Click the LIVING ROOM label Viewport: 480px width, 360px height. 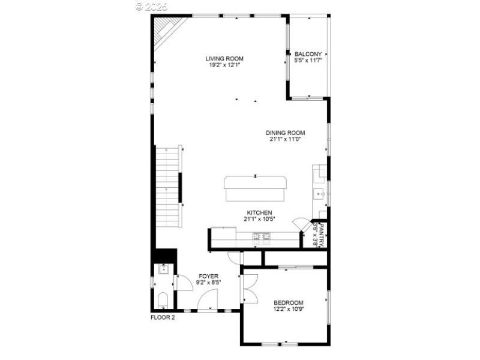click(224, 59)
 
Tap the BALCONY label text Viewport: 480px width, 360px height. click(308, 54)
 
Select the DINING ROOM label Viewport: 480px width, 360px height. click(286, 133)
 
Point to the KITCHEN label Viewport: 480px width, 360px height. click(260, 212)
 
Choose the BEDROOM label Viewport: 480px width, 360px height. click(288, 302)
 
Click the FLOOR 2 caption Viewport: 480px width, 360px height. click(162, 318)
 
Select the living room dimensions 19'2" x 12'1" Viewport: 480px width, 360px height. click(224, 65)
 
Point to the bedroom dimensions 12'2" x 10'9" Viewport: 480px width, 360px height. click(288, 310)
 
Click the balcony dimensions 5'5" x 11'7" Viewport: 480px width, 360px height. click(308, 61)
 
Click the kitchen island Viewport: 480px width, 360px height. click(255, 190)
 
